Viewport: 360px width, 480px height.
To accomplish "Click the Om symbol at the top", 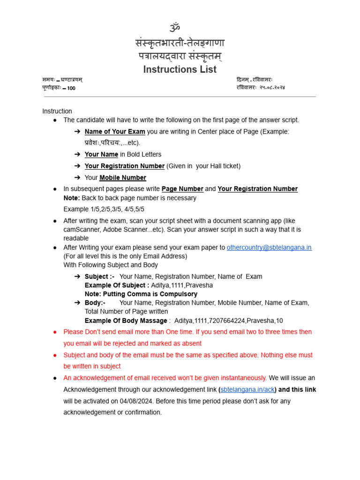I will click(175, 27).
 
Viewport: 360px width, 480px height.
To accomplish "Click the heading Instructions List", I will click(180, 69).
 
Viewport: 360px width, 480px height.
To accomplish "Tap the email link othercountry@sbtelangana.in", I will click(269, 247).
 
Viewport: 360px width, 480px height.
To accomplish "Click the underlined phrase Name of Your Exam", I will click(115, 132).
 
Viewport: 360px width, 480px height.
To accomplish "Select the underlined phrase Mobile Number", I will click(123, 178).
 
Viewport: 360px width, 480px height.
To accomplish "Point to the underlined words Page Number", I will click(182, 189).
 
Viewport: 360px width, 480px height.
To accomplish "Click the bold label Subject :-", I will click(99, 277).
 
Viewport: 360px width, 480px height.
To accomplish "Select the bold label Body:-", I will click(95, 303).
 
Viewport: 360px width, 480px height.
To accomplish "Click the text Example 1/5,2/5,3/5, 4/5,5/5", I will click(104, 209).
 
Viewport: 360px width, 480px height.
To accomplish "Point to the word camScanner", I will click(81, 230).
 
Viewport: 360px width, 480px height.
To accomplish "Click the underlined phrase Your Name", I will click(101, 155).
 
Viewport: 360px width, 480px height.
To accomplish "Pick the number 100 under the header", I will click(71, 88).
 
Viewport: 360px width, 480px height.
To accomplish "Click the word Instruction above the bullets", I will click(57, 111).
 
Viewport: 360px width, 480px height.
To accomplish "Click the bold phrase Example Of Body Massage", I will click(126, 321).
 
